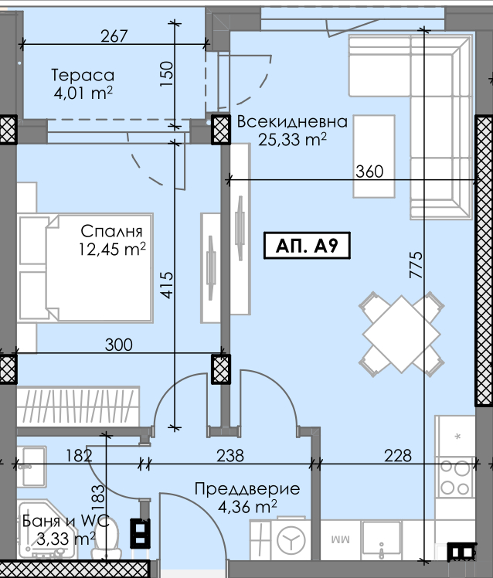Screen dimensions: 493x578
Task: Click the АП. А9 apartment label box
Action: click(x=307, y=246)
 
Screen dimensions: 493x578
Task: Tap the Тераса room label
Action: click(x=83, y=75)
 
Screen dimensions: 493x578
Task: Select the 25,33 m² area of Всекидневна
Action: click(x=292, y=139)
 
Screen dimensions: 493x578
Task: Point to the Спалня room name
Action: click(x=111, y=232)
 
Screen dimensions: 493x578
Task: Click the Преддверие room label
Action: click(x=247, y=489)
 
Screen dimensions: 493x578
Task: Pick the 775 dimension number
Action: click(x=416, y=264)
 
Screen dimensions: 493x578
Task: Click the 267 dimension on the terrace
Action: click(x=114, y=36)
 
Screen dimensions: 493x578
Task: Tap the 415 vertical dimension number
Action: click(x=167, y=284)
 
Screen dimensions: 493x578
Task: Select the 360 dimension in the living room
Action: click(x=369, y=172)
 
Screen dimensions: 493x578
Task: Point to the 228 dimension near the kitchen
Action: click(x=398, y=456)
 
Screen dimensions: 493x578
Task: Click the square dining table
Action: click(x=402, y=335)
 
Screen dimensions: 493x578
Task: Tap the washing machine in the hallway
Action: click(x=291, y=539)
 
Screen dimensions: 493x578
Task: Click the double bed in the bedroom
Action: click(x=86, y=268)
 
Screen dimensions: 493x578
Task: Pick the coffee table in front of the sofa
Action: click(x=374, y=156)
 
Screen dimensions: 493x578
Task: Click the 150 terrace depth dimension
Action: click(x=166, y=74)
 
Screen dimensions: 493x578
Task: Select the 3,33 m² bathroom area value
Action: click(x=66, y=539)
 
